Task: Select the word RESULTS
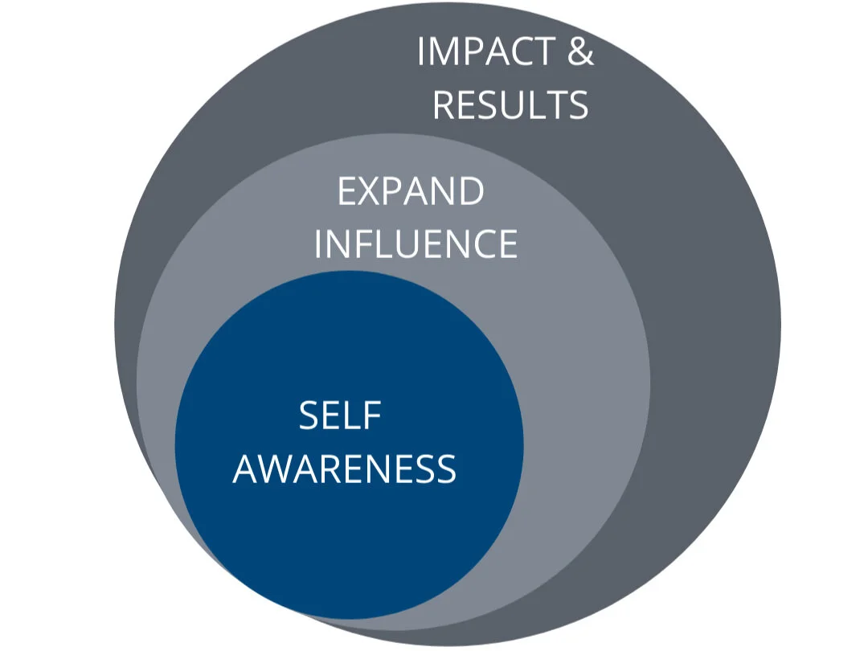click(510, 105)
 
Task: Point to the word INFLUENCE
click(416, 244)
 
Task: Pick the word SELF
click(340, 416)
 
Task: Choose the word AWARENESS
click(345, 469)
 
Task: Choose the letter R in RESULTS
click(444, 105)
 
